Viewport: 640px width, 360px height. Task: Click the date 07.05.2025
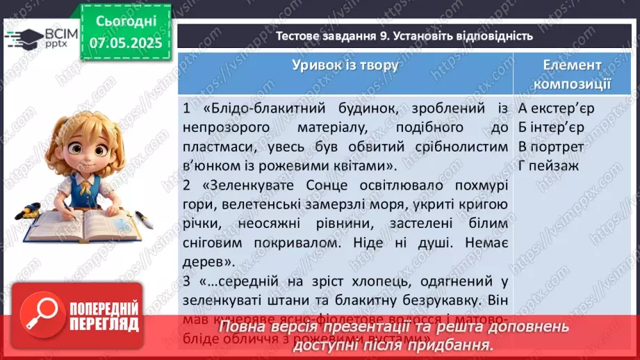pos(125,43)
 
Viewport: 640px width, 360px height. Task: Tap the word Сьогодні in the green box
pos(125,21)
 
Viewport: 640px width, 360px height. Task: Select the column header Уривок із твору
pos(345,65)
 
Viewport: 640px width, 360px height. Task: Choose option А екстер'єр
pos(556,109)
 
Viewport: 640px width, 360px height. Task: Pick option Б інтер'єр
pos(551,128)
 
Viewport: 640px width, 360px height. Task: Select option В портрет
pos(551,147)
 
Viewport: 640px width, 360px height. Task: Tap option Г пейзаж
pos(548,165)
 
